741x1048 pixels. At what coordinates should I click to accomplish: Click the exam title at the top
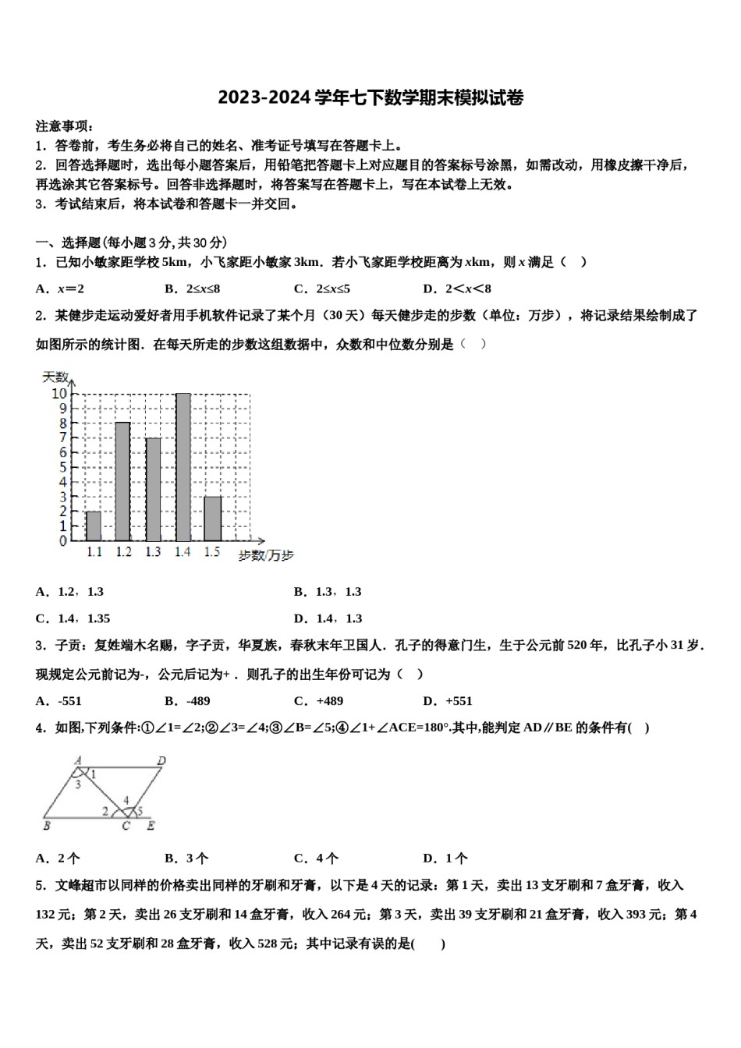tap(370, 97)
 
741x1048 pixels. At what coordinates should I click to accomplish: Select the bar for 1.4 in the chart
tap(183, 468)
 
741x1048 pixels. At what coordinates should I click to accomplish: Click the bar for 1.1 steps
tap(94, 526)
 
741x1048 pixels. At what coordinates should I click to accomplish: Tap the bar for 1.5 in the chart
tap(212, 519)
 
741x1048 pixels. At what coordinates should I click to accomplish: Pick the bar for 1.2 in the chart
tap(123, 482)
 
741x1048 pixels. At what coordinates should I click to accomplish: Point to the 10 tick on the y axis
tap(59, 394)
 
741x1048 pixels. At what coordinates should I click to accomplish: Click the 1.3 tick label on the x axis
tap(153, 552)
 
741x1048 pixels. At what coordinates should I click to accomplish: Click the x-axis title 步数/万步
tap(266, 555)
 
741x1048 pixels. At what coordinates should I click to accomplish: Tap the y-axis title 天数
tap(55, 377)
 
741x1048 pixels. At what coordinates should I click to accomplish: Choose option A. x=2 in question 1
tap(60, 289)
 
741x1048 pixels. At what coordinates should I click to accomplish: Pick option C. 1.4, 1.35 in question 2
tap(73, 618)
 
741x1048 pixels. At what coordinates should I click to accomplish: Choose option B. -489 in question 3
tap(188, 701)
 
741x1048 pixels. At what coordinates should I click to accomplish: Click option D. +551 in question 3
tap(448, 701)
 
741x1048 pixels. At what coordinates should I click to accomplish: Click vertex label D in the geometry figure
tap(161, 761)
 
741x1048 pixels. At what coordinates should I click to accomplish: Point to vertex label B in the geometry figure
tap(47, 825)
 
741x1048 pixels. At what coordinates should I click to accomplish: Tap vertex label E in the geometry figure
tap(151, 826)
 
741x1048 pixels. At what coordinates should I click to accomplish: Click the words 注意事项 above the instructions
tap(64, 126)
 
